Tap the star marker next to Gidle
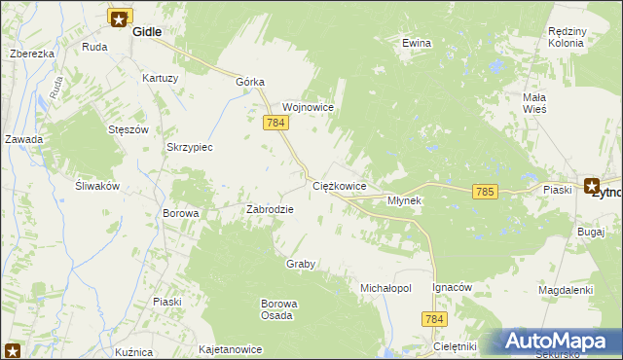pyautogui.click(x=120, y=18)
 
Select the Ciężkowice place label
pyautogui.click(x=339, y=185)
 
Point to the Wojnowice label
pyautogui.click(x=309, y=107)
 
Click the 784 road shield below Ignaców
pyautogui.click(x=434, y=318)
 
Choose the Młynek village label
pyautogui.click(x=404, y=200)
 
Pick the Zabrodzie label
pyautogui.click(x=270, y=208)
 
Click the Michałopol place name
pyautogui.click(x=386, y=289)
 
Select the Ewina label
pyautogui.click(x=417, y=43)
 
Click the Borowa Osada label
pyautogui.click(x=278, y=309)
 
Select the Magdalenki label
pyautogui.click(x=566, y=290)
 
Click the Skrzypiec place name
pyautogui.click(x=190, y=147)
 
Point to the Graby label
pyautogui.click(x=301, y=264)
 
